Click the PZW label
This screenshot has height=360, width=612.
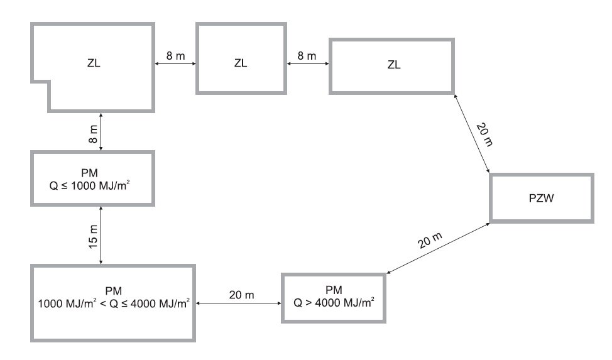tap(541, 199)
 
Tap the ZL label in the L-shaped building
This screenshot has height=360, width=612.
tap(94, 63)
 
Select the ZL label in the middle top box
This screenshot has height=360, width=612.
tap(241, 63)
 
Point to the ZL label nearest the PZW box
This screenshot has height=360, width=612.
tap(394, 65)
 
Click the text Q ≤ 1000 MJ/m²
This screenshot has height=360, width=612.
tap(89, 185)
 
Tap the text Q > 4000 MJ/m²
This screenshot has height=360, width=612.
tap(334, 302)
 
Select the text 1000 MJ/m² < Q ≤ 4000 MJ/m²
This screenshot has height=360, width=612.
tap(114, 303)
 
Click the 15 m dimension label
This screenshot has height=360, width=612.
tap(92, 237)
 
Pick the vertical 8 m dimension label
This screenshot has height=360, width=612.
tap(93, 134)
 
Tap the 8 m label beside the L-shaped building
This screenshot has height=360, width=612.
tap(176, 56)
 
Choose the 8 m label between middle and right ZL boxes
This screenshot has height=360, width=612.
tap(307, 56)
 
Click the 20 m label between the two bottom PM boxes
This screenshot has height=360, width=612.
tap(242, 295)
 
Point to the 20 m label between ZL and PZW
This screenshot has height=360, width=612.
tap(484, 134)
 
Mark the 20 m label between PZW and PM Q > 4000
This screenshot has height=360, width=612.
tap(430, 240)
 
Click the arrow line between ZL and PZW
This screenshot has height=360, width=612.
tap(471, 133)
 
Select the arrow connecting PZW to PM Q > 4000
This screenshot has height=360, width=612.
tap(438, 248)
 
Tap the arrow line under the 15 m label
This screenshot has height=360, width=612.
tap(101, 236)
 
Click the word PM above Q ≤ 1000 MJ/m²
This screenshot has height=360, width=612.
tap(89, 173)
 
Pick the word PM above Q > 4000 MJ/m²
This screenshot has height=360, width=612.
tap(334, 290)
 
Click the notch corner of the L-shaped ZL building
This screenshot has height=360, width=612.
tap(49, 82)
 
